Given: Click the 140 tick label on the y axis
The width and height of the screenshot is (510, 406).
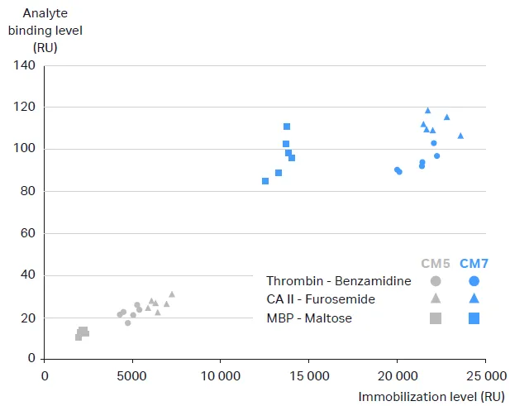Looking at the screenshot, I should click(24, 64).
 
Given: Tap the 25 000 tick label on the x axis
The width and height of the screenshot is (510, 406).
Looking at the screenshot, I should click(484, 374).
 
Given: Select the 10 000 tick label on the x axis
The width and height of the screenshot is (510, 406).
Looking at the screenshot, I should click(220, 374).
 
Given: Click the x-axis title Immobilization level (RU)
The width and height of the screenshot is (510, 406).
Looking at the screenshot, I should click(431, 396).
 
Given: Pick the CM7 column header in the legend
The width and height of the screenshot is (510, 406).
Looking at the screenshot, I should click(474, 264).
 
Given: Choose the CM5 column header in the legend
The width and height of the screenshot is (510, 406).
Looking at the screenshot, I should click(436, 264).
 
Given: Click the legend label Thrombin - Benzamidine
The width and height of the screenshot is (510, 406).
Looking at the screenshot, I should click(338, 281).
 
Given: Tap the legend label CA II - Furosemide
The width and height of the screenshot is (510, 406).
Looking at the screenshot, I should click(320, 299).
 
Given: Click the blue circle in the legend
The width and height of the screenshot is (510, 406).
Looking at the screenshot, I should click(474, 281).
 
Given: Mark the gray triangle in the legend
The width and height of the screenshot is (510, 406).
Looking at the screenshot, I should click(436, 299).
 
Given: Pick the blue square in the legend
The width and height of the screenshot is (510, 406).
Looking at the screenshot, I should click(474, 318).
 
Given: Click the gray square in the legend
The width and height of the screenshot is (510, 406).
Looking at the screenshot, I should click(436, 318).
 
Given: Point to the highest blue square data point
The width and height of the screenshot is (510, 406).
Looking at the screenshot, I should click(287, 127).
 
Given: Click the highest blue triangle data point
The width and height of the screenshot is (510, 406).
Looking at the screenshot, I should click(427, 110).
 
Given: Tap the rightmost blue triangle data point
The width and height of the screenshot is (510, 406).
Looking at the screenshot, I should click(460, 136).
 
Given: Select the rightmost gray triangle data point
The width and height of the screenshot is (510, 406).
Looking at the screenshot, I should click(172, 294).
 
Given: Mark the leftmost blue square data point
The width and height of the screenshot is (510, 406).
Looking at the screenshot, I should click(265, 181).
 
